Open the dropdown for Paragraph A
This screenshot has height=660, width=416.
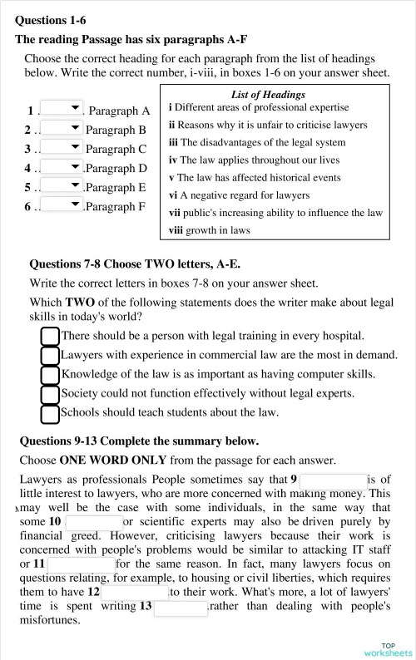tap(62, 109)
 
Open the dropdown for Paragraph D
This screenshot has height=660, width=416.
tap(62, 166)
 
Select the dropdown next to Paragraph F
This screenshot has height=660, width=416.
tap(62, 204)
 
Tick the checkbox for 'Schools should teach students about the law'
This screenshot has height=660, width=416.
tap(50, 413)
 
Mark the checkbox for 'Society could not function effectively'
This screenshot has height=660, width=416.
tap(50, 394)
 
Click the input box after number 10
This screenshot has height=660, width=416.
tap(92, 522)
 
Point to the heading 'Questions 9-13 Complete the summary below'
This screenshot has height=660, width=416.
tap(139, 441)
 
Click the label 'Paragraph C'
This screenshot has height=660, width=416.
tap(116, 149)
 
